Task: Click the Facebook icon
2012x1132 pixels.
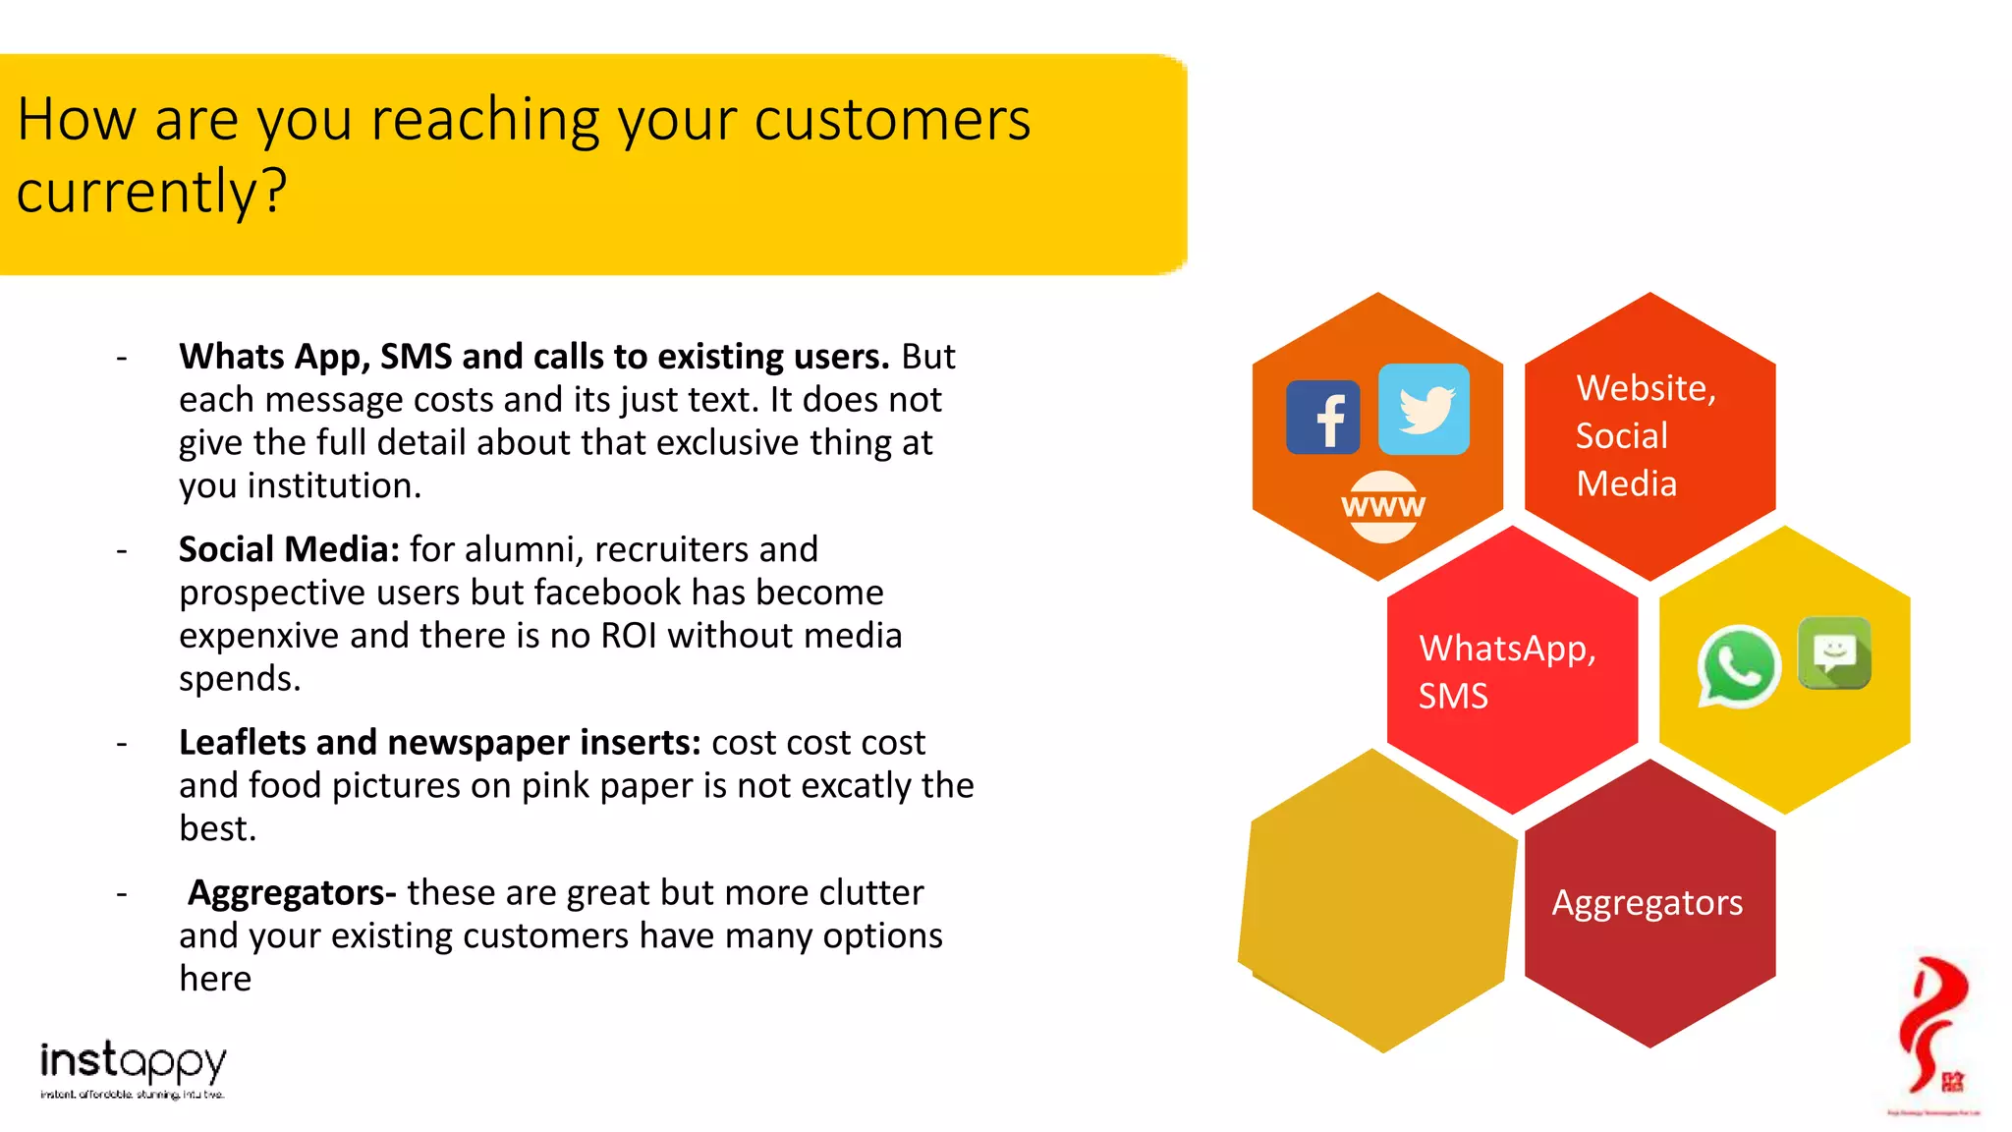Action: [1322, 418]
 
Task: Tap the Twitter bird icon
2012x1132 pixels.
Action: [1424, 409]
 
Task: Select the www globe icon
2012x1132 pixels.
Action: [1382, 506]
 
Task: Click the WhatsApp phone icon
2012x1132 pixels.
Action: [1738, 666]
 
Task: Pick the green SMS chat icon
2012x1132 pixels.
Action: [1834, 652]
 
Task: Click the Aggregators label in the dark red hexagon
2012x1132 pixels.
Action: [1648, 902]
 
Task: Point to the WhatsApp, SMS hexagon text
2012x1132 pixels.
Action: [1506, 671]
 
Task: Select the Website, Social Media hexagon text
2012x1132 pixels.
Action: [1645, 435]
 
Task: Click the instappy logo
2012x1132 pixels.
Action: [133, 1069]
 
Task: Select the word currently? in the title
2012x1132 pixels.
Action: [151, 191]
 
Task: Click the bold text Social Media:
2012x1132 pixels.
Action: [289, 549]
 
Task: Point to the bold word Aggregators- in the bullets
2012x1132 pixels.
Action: [292, 892]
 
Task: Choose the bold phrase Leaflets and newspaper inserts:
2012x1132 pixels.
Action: [439, 742]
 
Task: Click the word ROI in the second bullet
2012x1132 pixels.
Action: [629, 636]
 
